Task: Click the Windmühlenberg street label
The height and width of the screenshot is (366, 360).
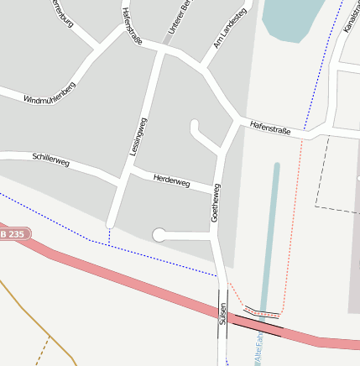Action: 50,93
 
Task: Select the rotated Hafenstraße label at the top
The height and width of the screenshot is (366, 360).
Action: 133,26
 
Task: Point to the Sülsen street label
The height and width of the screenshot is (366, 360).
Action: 223,315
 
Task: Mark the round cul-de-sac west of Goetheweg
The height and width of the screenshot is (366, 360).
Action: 159,235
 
